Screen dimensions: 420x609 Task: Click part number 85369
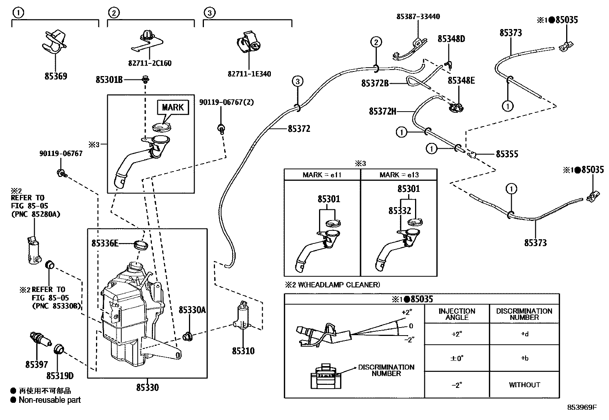56,76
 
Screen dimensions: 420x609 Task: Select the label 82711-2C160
150,63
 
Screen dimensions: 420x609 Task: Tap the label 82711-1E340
249,74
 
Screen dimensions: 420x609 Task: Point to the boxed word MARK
173,107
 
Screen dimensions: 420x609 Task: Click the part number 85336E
105,243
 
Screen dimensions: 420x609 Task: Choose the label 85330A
192,310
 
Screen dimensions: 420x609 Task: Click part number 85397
37,365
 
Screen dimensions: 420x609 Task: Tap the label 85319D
60,376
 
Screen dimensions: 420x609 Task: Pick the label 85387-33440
418,16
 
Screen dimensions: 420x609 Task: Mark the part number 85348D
451,39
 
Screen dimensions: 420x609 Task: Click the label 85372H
383,111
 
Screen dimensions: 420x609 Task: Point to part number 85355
507,154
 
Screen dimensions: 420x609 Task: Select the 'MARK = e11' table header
322,175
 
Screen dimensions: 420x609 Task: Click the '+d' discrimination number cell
524,334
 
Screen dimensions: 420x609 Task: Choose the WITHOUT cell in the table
524,385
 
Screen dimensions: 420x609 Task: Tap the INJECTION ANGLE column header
457,314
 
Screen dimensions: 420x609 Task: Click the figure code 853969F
581,407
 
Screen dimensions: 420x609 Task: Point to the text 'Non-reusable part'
50,400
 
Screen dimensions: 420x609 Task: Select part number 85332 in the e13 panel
400,211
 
